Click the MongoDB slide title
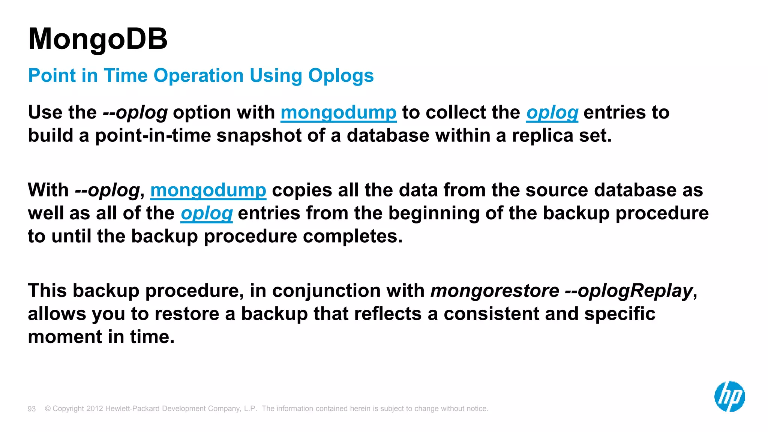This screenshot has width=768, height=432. [97, 39]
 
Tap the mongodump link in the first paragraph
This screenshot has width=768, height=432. [338, 112]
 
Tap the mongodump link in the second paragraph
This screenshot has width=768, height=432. [208, 190]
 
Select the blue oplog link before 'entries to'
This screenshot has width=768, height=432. [552, 112]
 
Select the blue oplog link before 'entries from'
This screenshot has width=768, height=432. [207, 213]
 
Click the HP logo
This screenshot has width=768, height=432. [729, 396]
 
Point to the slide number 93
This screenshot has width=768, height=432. [32, 409]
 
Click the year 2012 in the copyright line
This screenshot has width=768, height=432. [94, 408]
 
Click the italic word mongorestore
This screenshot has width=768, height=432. [495, 291]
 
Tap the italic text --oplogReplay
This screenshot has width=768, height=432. [628, 291]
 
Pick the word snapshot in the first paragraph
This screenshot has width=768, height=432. [259, 135]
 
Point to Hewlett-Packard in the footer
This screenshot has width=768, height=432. [133, 408]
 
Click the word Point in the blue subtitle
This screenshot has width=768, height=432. [52, 76]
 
